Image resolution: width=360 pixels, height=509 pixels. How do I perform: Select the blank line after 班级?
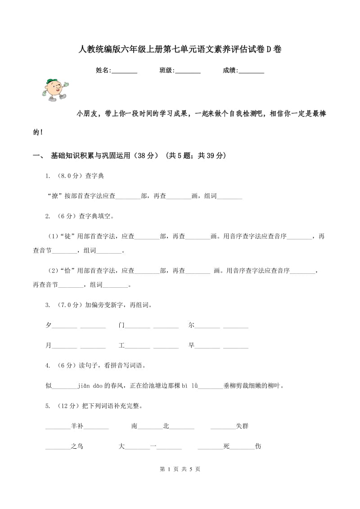tap(188, 71)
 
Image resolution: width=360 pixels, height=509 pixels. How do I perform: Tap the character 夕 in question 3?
tap(49, 325)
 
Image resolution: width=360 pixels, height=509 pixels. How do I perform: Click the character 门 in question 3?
tap(121, 325)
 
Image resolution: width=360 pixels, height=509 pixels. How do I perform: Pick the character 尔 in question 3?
tap(191, 325)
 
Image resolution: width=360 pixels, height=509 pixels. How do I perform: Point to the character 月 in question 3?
tap(49, 345)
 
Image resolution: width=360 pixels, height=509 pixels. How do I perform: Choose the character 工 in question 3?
tap(121, 345)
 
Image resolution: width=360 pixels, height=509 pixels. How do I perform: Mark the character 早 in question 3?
tap(191, 345)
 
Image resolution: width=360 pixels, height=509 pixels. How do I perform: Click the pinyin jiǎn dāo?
tap(90, 385)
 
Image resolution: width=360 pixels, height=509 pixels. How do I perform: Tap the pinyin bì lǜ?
tap(190, 385)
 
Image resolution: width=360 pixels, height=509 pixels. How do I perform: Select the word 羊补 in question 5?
tap(77, 426)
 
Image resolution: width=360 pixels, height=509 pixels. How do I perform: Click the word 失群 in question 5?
tap(242, 426)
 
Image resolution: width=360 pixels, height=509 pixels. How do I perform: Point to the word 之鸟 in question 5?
tap(77, 446)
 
